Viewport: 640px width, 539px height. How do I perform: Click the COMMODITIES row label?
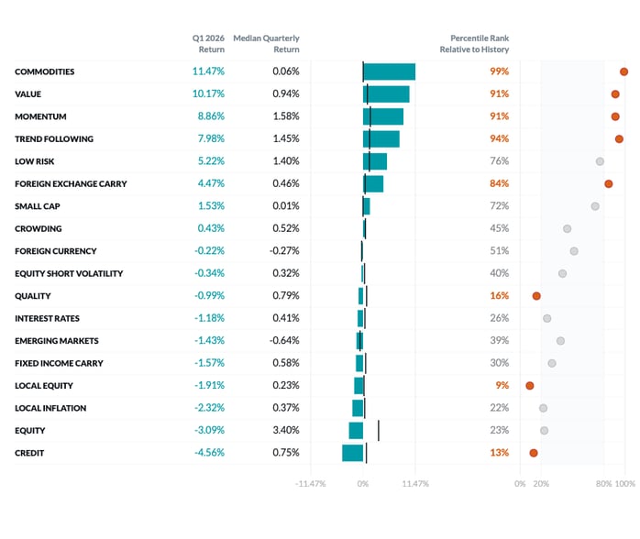click(x=45, y=71)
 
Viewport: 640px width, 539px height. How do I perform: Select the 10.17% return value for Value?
click(x=208, y=93)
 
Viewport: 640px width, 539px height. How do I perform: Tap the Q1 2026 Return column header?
click(x=208, y=43)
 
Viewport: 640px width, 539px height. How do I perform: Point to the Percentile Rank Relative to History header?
click(x=474, y=43)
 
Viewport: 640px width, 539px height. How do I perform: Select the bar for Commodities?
click(x=389, y=71)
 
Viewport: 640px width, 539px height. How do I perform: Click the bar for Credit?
click(x=353, y=453)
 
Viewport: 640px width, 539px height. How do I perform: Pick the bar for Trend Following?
click(x=381, y=138)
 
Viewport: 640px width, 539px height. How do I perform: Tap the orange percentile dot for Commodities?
click(x=623, y=71)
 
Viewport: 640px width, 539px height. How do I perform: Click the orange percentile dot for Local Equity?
click(x=529, y=386)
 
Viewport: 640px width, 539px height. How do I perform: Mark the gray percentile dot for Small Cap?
click(x=595, y=206)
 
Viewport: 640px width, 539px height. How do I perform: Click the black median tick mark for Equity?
click(x=378, y=431)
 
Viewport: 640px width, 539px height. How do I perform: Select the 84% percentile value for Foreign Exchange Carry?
click(x=499, y=183)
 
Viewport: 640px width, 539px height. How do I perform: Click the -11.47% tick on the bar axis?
click(x=310, y=484)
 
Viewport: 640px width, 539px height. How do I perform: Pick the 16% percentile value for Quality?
click(x=499, y=296)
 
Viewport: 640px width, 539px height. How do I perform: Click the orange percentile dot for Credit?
click(x=533, y=453)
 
